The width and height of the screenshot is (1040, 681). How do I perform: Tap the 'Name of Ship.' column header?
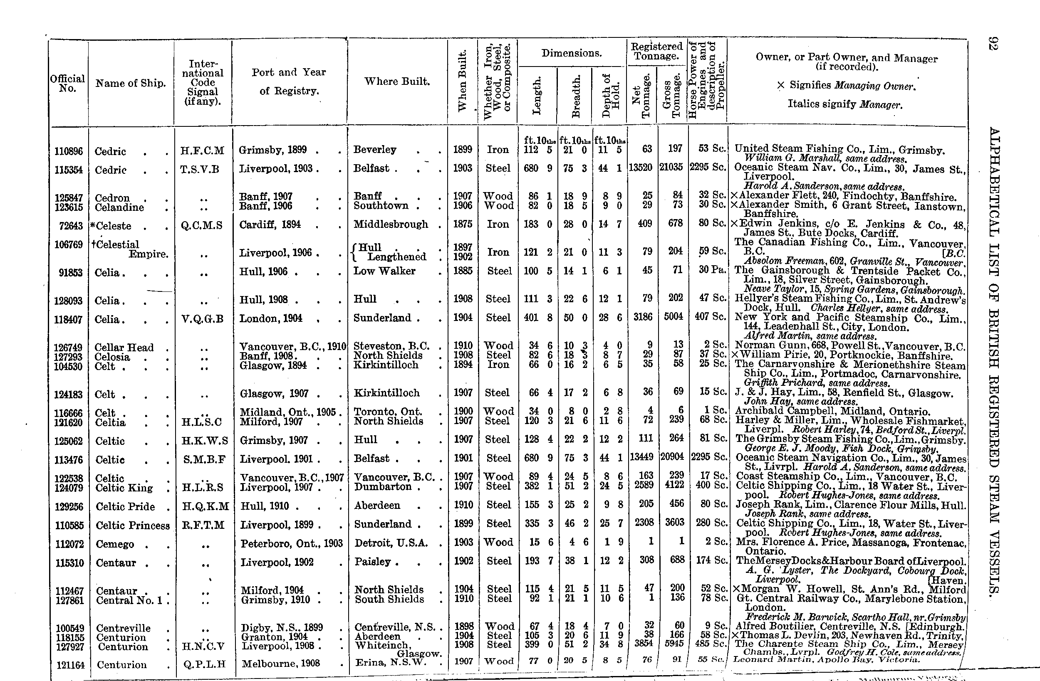[x=131, y=84]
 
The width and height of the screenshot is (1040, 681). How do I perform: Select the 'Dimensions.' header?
[x=572, y=53]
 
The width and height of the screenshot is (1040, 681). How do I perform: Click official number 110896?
[x=68, y=152]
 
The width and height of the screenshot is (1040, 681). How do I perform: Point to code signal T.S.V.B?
[x=200, y=170]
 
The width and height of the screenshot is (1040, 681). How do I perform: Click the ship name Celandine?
[x=119, y=207]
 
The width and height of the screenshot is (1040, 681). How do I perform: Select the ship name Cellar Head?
[x=124, y=347]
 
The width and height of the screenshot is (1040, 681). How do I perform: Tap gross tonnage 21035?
[x=671, y=167]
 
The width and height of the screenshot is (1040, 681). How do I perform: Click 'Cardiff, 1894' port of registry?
[x=270, y=225]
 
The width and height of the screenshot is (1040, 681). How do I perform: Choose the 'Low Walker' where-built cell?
[x=384, y=271]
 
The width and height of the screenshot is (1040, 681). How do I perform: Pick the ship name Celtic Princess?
[x=132, y=526]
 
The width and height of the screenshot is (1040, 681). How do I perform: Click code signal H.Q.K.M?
[x=205, y=506]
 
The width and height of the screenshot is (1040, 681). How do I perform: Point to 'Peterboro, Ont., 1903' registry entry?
[x=292, y=543]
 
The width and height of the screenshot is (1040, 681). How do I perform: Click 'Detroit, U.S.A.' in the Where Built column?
[x=391, y=543]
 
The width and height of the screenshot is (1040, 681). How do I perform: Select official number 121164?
[x=70, y=665]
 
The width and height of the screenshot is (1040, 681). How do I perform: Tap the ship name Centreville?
[x=123, y=628]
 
